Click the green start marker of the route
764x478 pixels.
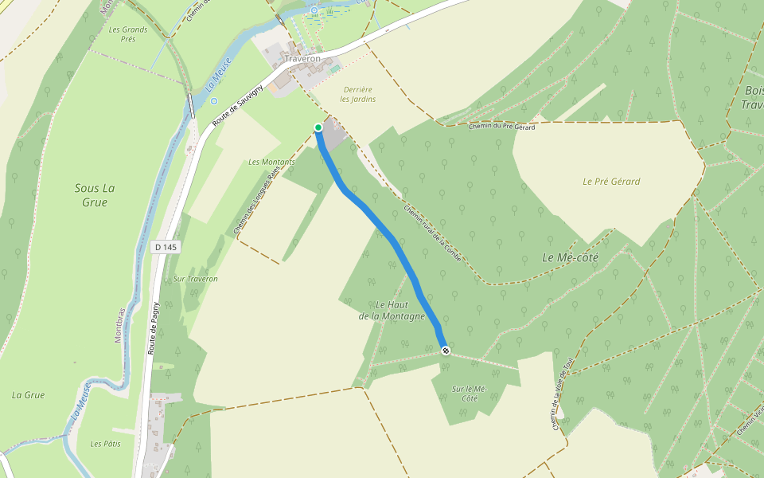318,127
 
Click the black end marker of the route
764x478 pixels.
446,351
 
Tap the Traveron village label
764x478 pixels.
302,59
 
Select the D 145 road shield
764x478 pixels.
166,248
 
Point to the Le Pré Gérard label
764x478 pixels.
611,181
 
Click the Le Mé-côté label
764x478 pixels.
570,257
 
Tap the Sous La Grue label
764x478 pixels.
95,195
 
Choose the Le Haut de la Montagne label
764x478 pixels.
392,311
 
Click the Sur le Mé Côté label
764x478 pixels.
468,393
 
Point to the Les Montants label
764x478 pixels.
271,162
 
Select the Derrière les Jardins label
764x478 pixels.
357,94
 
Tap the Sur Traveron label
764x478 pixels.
195,279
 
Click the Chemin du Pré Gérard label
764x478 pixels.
501,127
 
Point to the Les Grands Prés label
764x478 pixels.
128,33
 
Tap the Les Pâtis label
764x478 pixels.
105,444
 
